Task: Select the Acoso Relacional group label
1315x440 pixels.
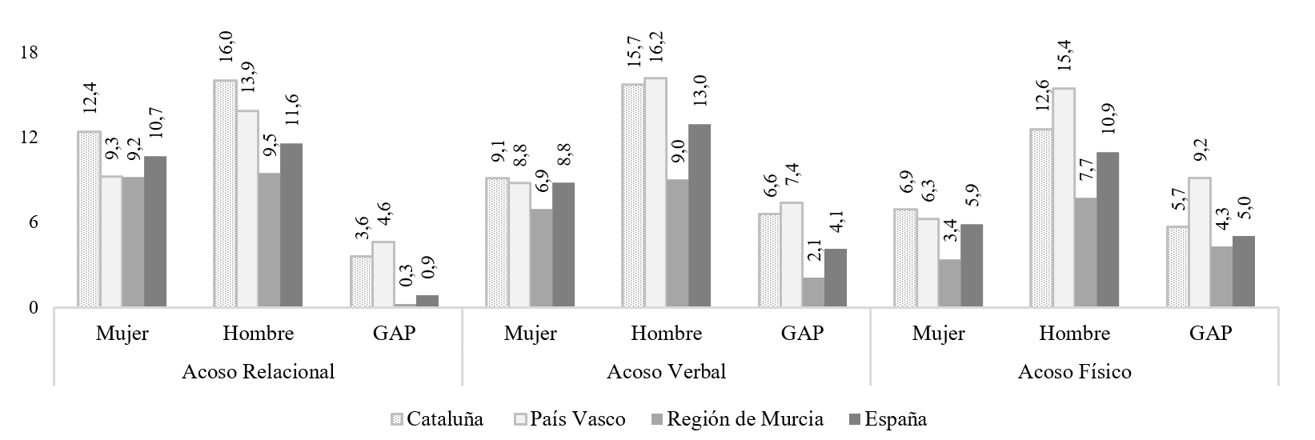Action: click(x=259, y=372)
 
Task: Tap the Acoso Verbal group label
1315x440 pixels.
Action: click(x=667, y=372)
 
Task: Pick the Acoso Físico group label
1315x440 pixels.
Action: click(x=1075, y=372)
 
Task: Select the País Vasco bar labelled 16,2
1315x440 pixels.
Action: click(x=655, y=192)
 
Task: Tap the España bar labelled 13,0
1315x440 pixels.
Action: click(x=700, y=215)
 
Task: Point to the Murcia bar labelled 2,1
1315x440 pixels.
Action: click(x=813, y=292)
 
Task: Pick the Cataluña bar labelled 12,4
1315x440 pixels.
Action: click(x=89, y=219)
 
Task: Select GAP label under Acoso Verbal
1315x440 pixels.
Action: click(x=803, y=334)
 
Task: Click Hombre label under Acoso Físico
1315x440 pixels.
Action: click(x=1075, y=334)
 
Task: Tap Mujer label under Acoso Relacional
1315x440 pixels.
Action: click(x=122, y=334)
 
